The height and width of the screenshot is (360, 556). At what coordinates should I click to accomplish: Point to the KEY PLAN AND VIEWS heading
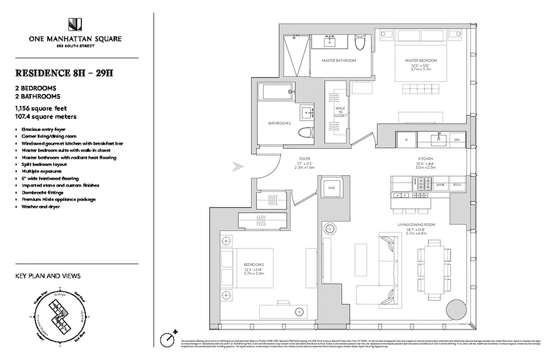coord(48,276)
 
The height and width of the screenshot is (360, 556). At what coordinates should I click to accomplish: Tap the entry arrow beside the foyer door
coord(238,167)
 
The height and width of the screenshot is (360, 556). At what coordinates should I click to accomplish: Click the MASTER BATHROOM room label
coord(339,60)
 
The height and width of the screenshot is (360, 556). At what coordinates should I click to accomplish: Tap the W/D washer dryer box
coord(332,187)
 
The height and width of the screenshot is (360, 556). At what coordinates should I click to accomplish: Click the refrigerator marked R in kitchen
coord(406,140)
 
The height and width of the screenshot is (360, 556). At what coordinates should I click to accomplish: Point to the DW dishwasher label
coord(457,140)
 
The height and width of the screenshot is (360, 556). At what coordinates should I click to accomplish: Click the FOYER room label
coord(305,159)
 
